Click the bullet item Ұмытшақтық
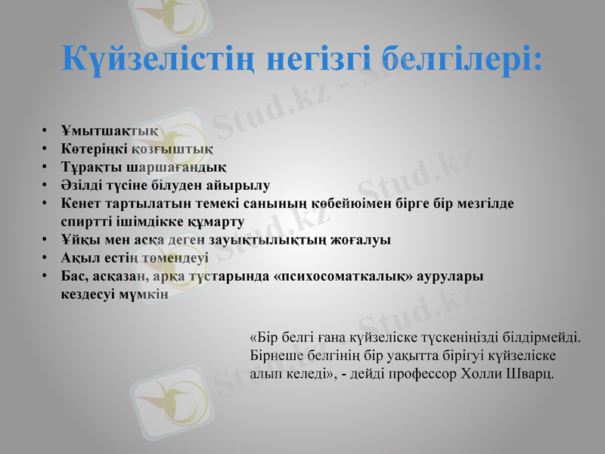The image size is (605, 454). click(98, 129)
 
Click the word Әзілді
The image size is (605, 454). click(81, 185)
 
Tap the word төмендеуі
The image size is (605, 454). click(160, 258)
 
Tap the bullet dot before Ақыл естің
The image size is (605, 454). click(46, 258)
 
